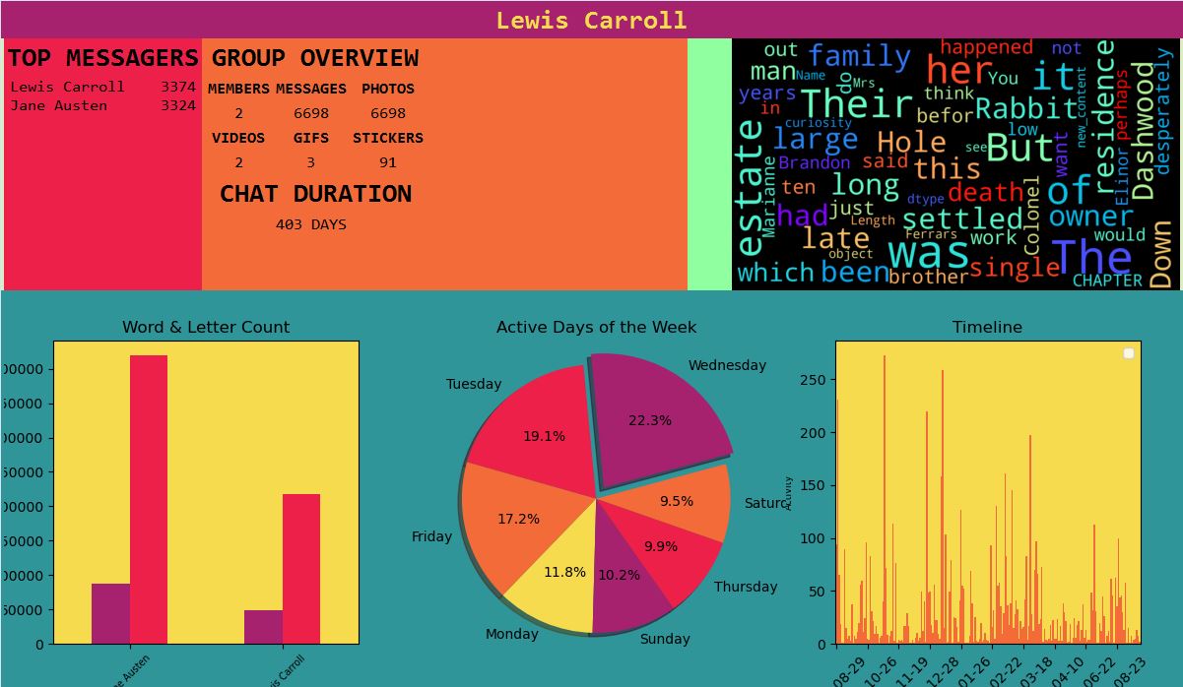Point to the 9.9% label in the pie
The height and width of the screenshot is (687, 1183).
tap(661, 546)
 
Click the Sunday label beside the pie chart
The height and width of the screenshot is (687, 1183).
tap(665, 639)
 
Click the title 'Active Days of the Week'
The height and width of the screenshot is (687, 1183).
tap(596, 327)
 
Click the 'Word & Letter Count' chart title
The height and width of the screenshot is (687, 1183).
tap(206, 327)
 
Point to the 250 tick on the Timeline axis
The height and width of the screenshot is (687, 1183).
tap(818, 380)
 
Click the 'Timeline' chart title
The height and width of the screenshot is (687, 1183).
tap(987, 327)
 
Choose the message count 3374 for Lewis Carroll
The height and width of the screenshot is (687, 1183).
tap(178, 87)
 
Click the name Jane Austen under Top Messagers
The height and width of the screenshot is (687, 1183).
tap(59, 105)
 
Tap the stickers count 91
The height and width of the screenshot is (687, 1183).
tap(387, 162)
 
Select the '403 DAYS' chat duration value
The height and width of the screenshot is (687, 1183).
tap(311, 224)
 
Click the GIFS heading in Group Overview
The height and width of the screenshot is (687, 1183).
tap(311, 138)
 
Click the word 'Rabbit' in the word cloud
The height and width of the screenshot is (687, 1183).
tap(1026, 107)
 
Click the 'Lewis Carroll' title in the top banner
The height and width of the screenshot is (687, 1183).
tap(591, 21)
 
